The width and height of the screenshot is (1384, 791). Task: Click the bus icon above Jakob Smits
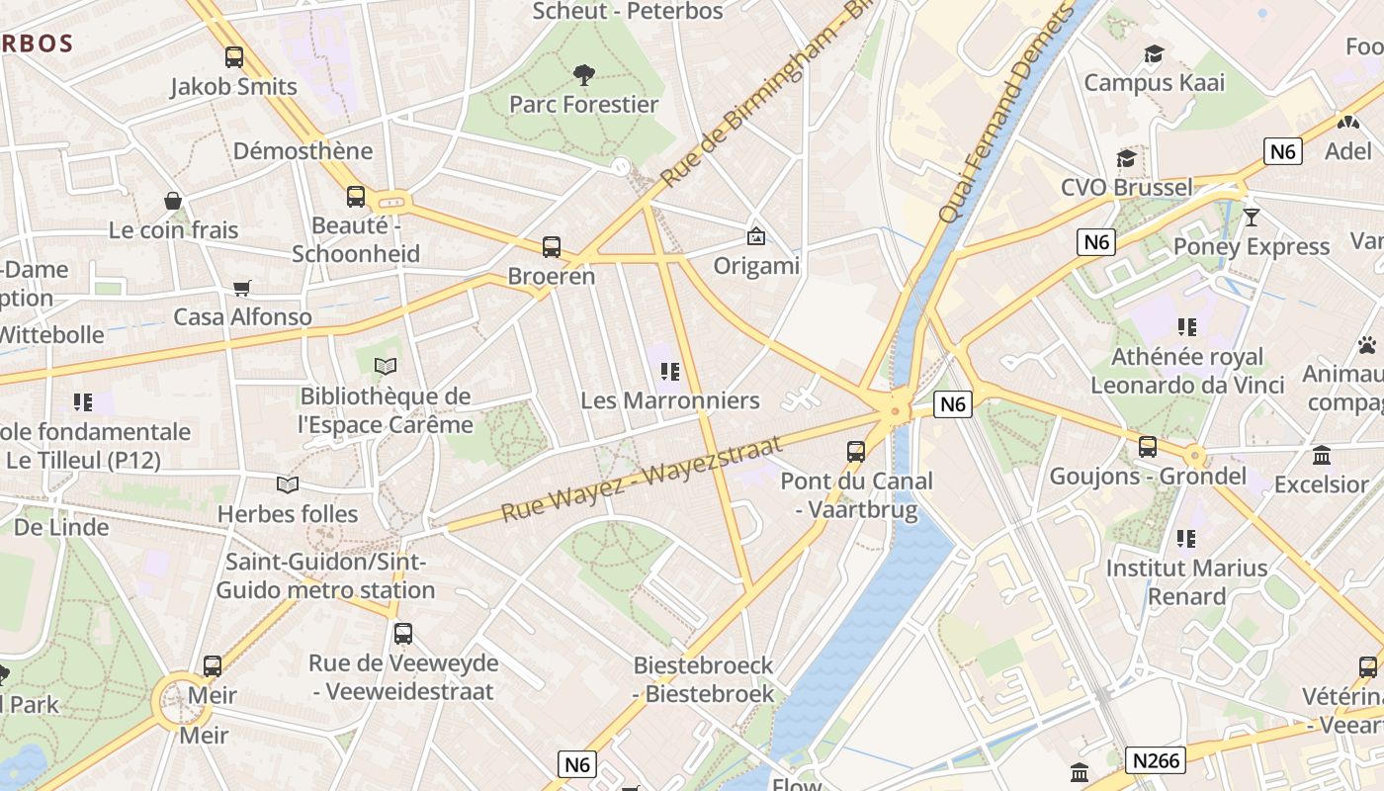[234, 57]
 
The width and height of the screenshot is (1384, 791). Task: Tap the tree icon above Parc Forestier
[584, 74]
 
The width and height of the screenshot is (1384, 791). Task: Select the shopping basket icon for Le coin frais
[173, 201]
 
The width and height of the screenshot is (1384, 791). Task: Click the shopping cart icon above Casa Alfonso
[242, 288]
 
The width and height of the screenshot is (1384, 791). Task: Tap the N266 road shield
[1155, 759]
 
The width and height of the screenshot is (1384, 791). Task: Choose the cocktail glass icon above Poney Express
[1252, 217]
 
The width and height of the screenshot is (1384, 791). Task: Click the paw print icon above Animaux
[1367, 345]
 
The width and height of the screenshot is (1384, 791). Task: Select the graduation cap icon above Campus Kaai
[1154, 53]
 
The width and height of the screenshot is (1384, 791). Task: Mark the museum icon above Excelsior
[1321, 455]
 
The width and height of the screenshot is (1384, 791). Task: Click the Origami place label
[756, 265]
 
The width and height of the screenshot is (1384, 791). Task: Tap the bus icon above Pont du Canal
[856, 452]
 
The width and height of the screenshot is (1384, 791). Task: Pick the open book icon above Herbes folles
[288, 484]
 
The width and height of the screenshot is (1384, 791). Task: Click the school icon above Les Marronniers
[670, 372]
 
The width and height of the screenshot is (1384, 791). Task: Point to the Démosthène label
[303, 150]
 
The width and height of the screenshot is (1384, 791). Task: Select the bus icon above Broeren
[552, 246]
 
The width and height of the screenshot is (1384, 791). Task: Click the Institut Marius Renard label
[1186, 582]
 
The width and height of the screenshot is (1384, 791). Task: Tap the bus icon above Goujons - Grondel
[1148, 447]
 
